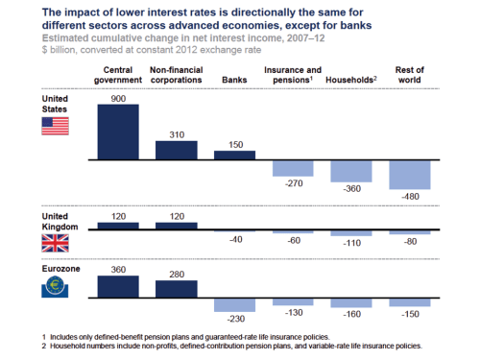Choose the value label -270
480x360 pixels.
[x=295, y=182]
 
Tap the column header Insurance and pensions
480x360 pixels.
[x=293, y=75]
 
